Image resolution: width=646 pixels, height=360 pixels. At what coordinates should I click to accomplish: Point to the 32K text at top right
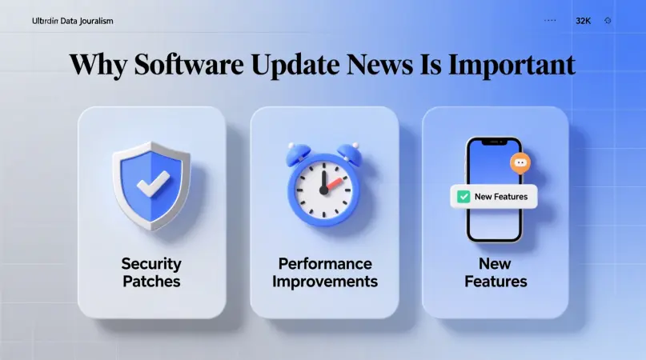583,21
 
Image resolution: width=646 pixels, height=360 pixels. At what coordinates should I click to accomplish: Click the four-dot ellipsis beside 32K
550,21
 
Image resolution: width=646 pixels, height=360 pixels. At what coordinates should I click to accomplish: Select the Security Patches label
151,272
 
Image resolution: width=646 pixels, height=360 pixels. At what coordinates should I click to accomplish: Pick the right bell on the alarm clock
349,151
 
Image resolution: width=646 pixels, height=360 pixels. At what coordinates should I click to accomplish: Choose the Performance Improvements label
324,272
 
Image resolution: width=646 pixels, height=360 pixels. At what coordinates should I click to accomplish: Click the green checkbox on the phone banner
463,196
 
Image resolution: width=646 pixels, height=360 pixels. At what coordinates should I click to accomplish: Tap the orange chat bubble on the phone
520,163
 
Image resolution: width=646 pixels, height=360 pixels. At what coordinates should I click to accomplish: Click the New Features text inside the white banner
501,196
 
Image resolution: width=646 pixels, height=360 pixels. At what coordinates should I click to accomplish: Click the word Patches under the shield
151,282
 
